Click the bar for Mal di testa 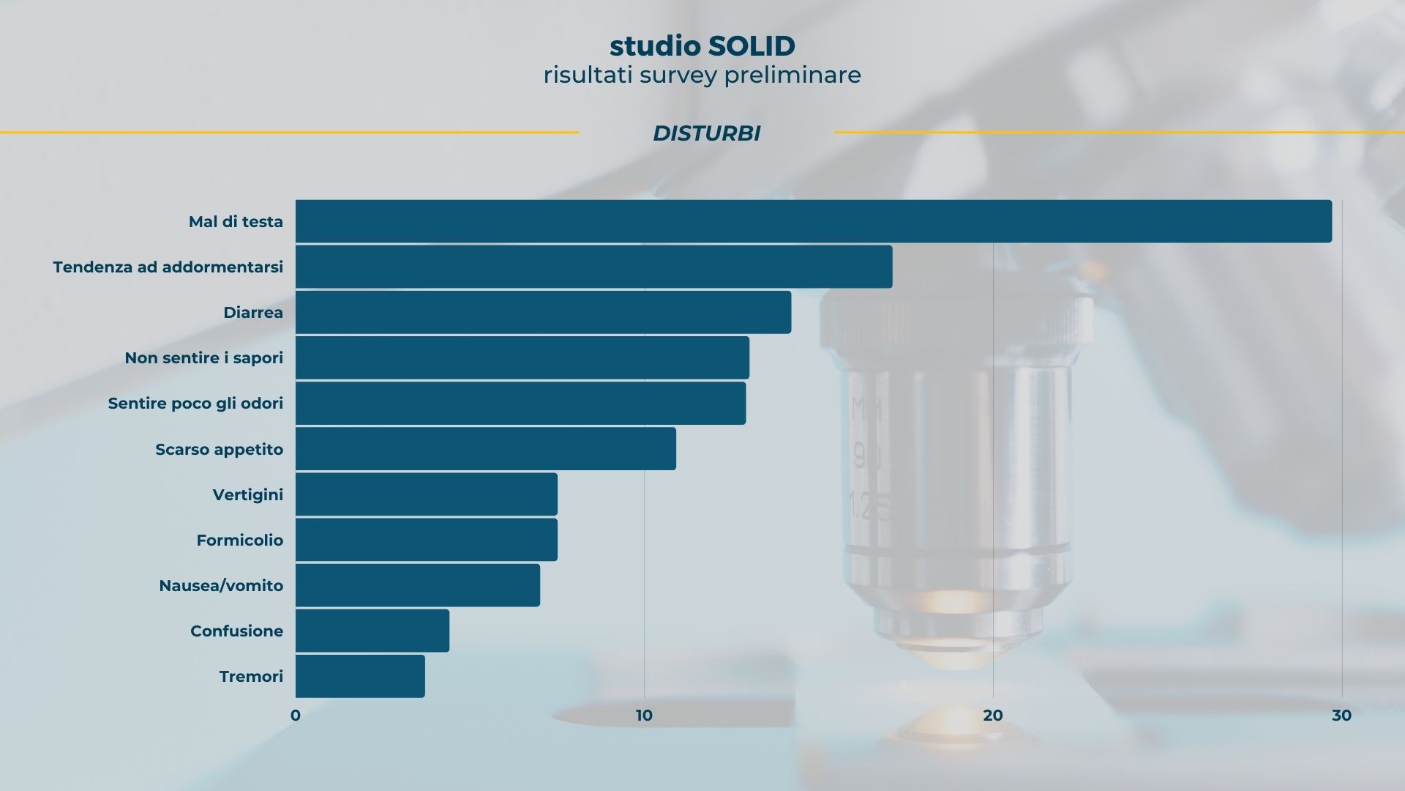tap(814, 221)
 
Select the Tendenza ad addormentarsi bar tap(594, 267)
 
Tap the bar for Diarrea tap(544, 312)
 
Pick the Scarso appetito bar tap(486, 449)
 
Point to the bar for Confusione tap(372, 631)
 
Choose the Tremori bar tap(360, 676)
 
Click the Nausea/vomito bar tap(418, 585)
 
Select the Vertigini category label tap(248, 495)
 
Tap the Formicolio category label tap(240, 541)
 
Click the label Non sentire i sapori tap(204, 358)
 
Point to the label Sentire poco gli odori tap(195, 404)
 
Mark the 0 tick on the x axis tap(296, 716)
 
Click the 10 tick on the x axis tap(644, 716)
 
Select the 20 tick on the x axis tap(993, 716)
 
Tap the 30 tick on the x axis tap(1342, 716)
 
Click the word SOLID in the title tap(752, 46)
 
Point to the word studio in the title tap(655, 46)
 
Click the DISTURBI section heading tap(707, 133)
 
